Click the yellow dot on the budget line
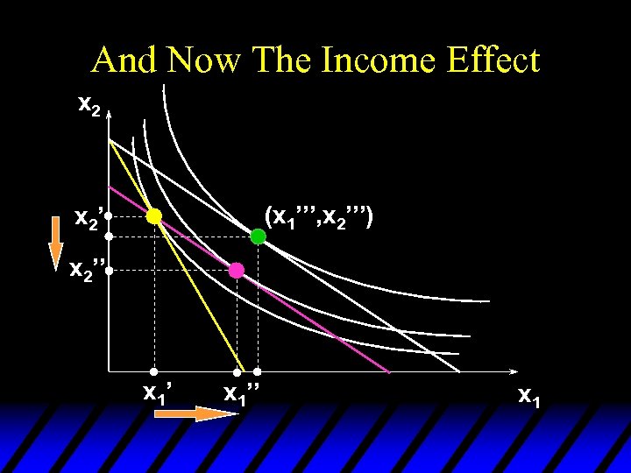coord(154,215)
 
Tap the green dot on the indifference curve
coord(258,236)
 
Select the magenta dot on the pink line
coord(236,270)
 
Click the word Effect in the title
coord(492,60)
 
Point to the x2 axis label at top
coord(89,106)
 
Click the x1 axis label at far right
coord(528,396)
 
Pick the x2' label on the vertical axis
coord(89,216)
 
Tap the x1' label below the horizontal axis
coord(157,392)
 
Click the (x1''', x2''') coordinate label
coord(321,215)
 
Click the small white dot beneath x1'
coord(154,372)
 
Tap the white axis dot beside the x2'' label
coord(109,272)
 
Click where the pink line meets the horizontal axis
coord(389,372)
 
